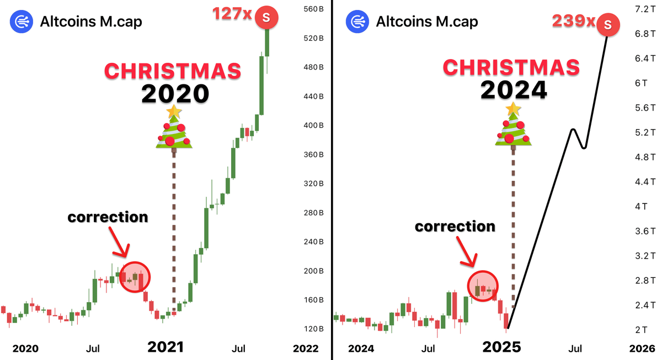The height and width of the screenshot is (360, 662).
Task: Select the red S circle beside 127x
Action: tap(266, 18)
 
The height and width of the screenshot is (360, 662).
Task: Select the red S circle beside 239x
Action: tap(607, 24)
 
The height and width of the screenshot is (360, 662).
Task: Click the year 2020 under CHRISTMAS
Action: tap(175, 93)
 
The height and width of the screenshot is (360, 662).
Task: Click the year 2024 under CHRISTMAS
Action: tap(514, 89)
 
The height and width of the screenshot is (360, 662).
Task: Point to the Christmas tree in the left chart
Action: tap(174, 128)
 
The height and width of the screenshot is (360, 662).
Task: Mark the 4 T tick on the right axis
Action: tap(640, 206)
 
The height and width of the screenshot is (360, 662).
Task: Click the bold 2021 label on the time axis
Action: tap(165, 347)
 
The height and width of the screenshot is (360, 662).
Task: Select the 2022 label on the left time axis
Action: tap(306, 348)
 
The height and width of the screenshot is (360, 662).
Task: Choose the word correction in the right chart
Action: tap(455, 226)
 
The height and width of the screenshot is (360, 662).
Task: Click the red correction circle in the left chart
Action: tap(135, 276)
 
